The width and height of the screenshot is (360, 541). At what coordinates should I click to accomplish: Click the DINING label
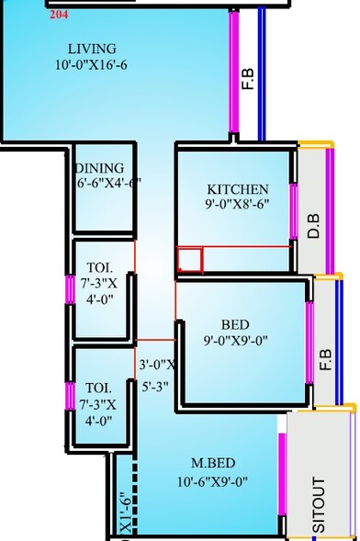[x=101, y=167]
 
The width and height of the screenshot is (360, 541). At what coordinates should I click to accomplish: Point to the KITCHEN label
[x=238, y=189]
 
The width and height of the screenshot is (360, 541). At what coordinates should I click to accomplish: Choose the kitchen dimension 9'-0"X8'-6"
[x=238, y=207]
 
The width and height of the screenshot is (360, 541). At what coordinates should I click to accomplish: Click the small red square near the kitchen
[x=189, y=260]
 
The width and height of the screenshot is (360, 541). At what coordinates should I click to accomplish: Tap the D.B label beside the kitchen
[x=313, y=227]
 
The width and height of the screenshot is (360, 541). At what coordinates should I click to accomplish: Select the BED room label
[x=236, y=324]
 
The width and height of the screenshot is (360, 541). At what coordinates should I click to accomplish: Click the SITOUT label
[x=319, y=504]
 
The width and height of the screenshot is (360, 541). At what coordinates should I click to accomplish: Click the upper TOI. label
[x=94, y=260]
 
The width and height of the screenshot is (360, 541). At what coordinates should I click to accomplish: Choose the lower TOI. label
[x=94, y=388]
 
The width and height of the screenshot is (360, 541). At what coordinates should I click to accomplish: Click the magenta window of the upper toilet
[x=69, y=289]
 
